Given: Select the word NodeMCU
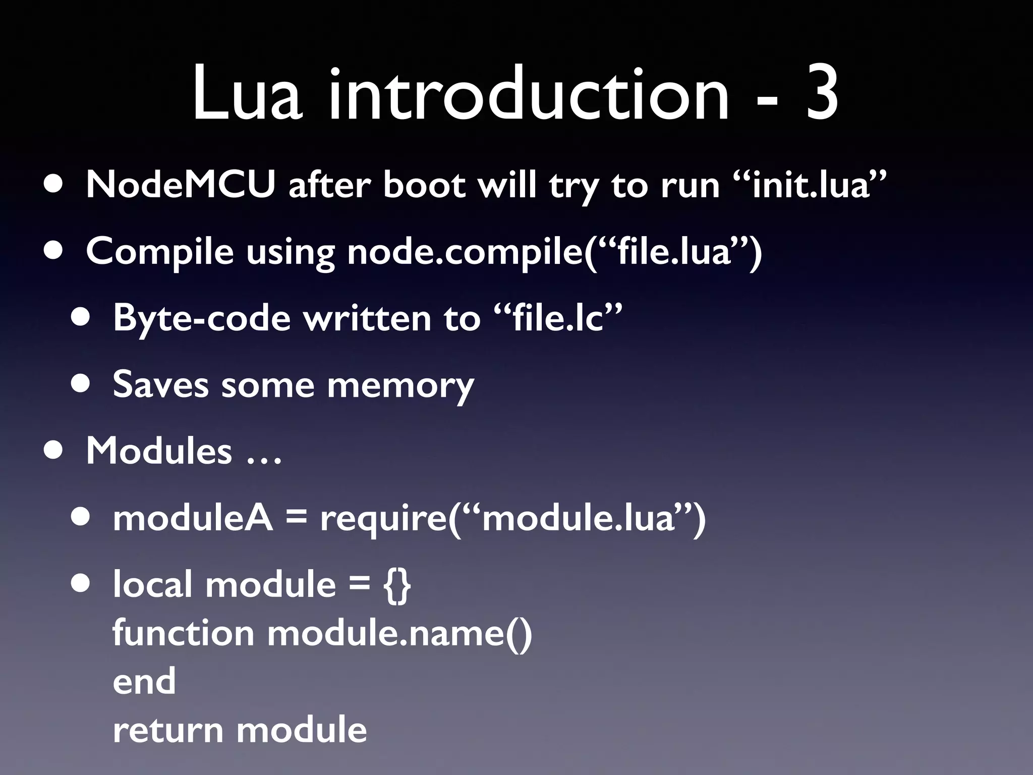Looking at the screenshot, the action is click(x=181, y=185).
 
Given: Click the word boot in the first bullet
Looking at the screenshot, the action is click(x=424, y=185).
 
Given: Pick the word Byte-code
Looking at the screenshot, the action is click(x=202, y=318).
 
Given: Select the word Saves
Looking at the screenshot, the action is click(x=160, y=384).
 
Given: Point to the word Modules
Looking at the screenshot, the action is click(x=159, y=450).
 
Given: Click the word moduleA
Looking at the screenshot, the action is click(x=193, y=518).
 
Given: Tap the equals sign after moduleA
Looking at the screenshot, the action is click(x=297, y=519).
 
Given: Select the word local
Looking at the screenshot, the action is click(x=152, y=584).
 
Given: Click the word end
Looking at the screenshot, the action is click(x=144, y=681).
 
